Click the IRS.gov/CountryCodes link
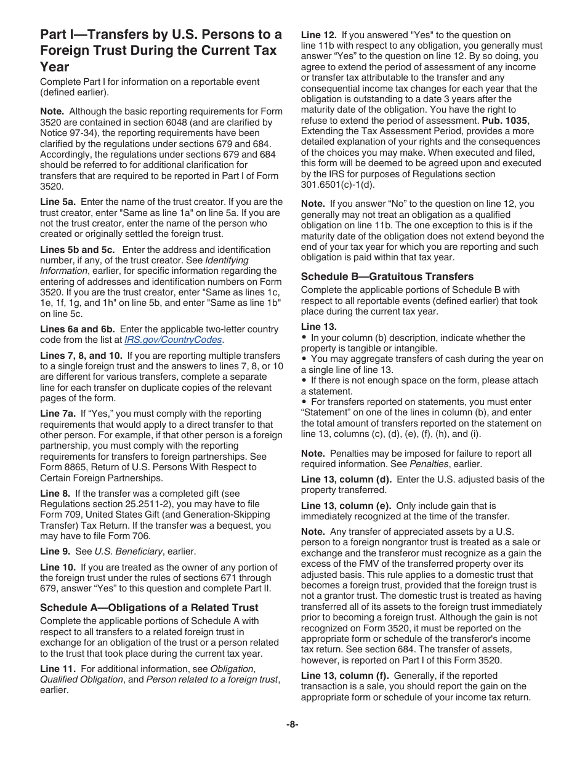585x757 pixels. coord(173,340)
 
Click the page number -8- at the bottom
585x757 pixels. coord(292,724)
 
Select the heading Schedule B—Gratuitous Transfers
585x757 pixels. coord(387,276)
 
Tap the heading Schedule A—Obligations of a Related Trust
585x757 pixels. coord(149,607)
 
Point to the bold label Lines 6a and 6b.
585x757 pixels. coord(77,329)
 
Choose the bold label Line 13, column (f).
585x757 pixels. coord(345,675)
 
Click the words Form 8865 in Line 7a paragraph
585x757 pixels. coord(61,467)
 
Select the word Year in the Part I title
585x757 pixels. coord(55,66)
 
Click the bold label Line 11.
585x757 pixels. coord(58,669)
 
